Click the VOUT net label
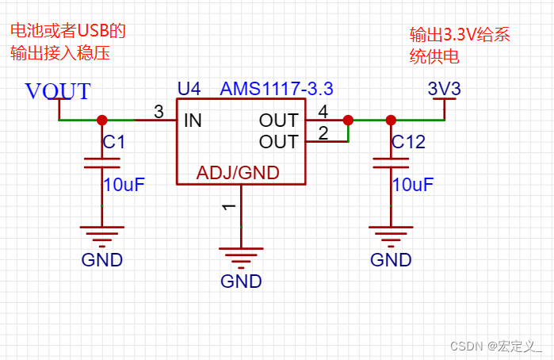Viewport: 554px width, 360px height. (x=58, y=91)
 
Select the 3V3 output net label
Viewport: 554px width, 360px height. (x=444, y=88)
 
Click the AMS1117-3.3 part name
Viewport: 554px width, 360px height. (x=266, y=86)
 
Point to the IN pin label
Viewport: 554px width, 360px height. (x=193, y=121)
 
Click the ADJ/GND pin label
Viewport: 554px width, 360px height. (x=239, y=173)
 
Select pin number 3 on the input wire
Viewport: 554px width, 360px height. (x=159, y=112)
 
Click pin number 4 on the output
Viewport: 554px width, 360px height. (x=323, y=112)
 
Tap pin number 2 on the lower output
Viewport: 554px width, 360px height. (x=323, y=132)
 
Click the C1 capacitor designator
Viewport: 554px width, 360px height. (x=114, y=143)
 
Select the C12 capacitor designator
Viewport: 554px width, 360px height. (x=408, y=143)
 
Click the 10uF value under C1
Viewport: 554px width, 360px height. (x=124, y=185)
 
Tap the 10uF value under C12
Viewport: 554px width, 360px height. (x=412, y=185)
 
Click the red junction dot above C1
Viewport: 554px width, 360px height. (x=101, y=121)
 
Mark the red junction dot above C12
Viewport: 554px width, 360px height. (x=390, y=121)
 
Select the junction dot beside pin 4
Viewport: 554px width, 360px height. (x=347, y=121)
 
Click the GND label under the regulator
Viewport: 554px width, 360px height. (x=241, y=281)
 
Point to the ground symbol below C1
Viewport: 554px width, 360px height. (x=101, y=233)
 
